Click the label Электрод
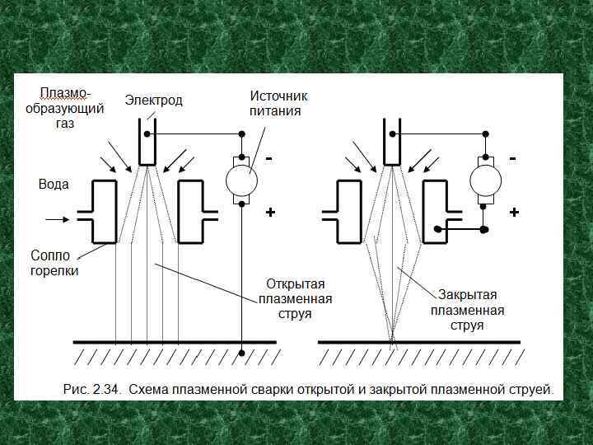tap(154, 101)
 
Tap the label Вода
tap(54, 185)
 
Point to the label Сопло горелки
tap(54, 263)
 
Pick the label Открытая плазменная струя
tap(296, 299)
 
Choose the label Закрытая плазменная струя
tap(467, 310)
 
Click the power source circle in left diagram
tap(242, 180)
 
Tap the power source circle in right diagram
tap(485, 180)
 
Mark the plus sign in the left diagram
tap(270, 213)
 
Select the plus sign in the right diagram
tap(515, 213)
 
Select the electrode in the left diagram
tap(147, 142)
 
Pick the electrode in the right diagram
tap(391, 142)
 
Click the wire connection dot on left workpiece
tap(242, 354)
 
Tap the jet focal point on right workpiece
tap(392, 340)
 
